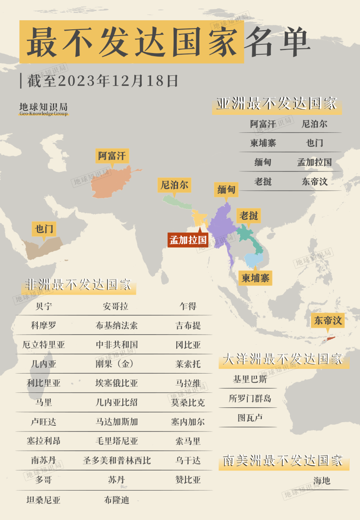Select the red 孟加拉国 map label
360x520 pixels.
point(188,240)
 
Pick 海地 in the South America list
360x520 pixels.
point(321,481)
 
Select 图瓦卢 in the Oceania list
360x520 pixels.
point(250,418)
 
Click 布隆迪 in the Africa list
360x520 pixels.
point(117,500)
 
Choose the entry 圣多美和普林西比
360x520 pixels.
point(117,461)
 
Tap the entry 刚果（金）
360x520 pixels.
point(117,364)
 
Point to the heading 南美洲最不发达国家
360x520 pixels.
point(283,461)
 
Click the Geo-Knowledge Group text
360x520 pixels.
point(43,114)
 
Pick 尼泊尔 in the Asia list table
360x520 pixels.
point(314,124)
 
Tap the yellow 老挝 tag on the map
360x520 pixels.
point(249,216)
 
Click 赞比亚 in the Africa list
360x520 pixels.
point(188,480)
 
